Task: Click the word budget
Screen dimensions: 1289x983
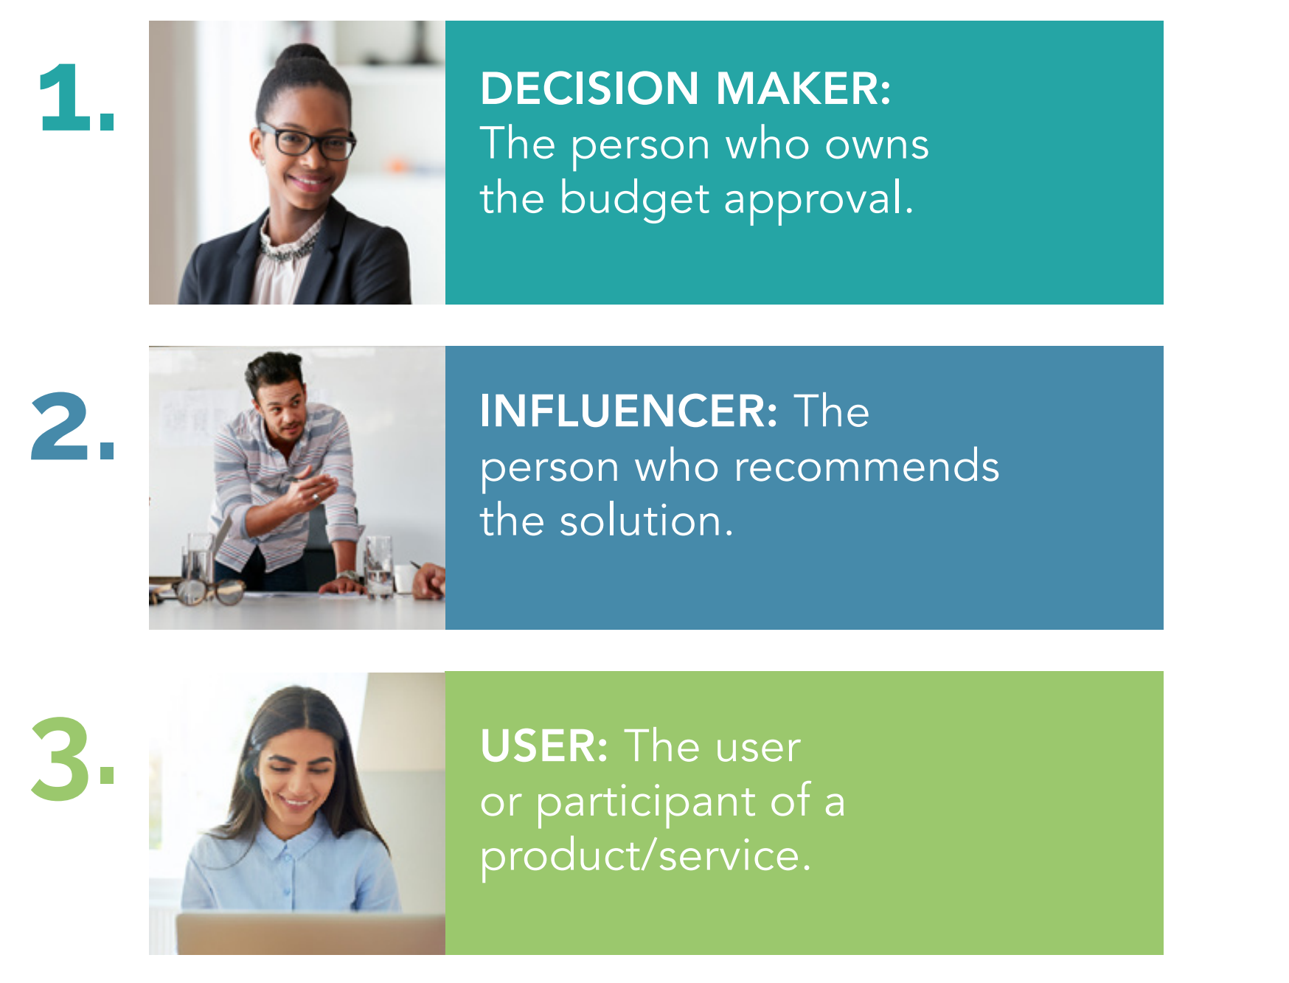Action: point(634,200)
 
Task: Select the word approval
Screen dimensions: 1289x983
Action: point(819,200)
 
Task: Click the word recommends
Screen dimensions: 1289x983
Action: point(866,467)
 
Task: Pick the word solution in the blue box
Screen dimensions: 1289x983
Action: point(646,521)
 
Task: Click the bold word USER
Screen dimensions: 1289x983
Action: point(544,746)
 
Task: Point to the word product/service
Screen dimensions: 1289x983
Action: point(646,858)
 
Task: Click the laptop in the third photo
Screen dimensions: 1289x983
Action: point(310,934)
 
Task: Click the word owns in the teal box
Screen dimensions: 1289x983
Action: point(877,145)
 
